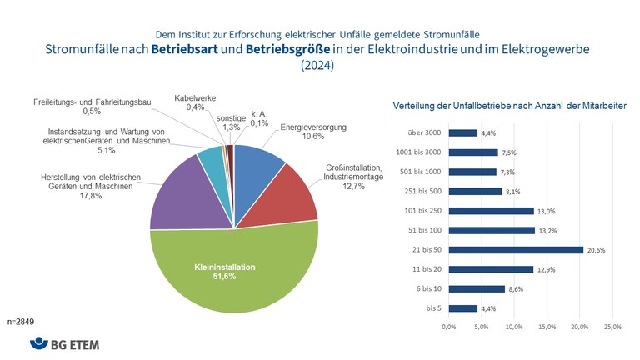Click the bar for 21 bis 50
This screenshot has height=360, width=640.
tap(516, 249)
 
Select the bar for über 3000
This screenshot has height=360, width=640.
tap(462, 132)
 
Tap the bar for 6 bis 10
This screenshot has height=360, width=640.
tap(477, 288)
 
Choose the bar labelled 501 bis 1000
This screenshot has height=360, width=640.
tap(472, 172)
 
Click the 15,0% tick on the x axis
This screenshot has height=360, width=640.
tap(547, 326)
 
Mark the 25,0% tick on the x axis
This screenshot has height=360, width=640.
tap(612, 326)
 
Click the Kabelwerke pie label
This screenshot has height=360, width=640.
tap(195, 97)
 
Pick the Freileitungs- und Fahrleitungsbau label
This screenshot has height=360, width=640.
tap(91, 102)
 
